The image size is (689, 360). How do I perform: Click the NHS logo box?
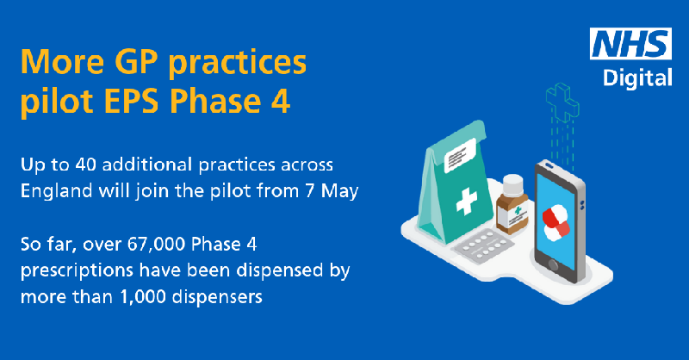[630, 44]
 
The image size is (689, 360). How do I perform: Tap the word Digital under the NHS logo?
[637, 78]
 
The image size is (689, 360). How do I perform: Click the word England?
[56, 192]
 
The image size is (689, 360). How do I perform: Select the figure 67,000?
[157, 245]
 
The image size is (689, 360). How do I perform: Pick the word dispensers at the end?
[217, 297]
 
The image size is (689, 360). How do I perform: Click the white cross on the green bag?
[466, 201]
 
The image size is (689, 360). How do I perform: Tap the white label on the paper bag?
[460, 155]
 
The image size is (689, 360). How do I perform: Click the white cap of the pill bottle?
[512, 185]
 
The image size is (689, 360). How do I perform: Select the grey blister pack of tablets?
[483, 247]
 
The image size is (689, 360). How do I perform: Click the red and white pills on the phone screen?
[556, 223]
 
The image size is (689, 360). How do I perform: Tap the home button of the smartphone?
[553, 265]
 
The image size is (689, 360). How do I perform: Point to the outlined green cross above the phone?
[562, 102]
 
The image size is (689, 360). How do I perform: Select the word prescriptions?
[77, 271]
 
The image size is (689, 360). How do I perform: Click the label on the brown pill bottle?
[517, 216]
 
